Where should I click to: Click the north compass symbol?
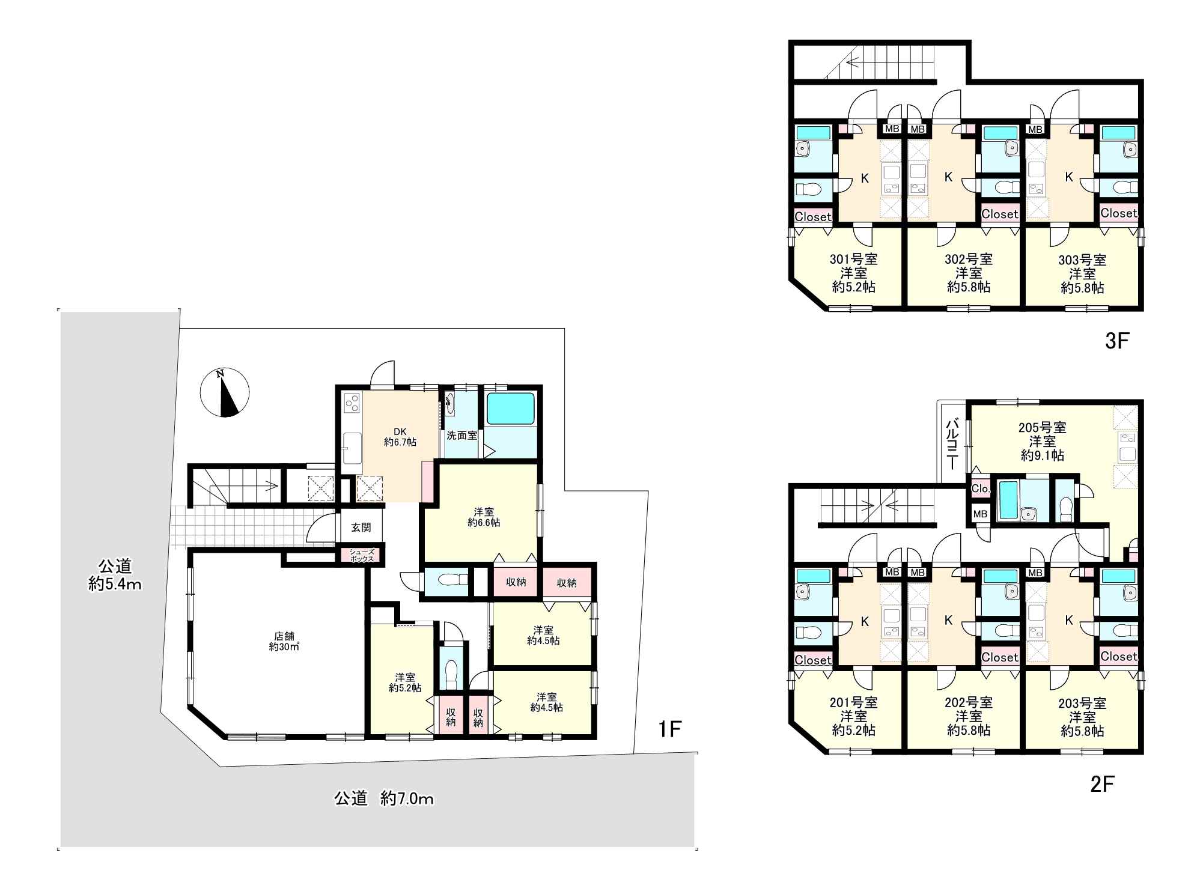[x=224, y=392]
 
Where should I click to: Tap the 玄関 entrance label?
[x=361, y=528]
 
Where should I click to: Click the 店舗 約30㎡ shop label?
[x=284, y=641]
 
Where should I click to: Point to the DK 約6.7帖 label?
[x=400, y=437]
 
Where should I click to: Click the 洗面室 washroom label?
[x=461, y=435]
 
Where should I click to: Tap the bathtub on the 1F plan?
[x=510, y=409]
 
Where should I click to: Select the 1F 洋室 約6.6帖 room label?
[x=484, y=517]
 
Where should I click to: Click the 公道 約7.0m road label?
[x=383, y=798]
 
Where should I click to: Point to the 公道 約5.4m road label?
[x=115, y=575]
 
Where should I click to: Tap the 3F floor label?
[x=1117, y=341]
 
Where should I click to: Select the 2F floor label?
[x=1102, y=785]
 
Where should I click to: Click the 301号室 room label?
[x=853, y=260]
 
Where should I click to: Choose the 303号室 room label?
[x=1082, y=260]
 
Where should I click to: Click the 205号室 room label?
[x=1042, y=428]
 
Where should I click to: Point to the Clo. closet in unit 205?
[x=980, y=488]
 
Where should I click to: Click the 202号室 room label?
[x=968, y=702]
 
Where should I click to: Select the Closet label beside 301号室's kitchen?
[x=813, y=217]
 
